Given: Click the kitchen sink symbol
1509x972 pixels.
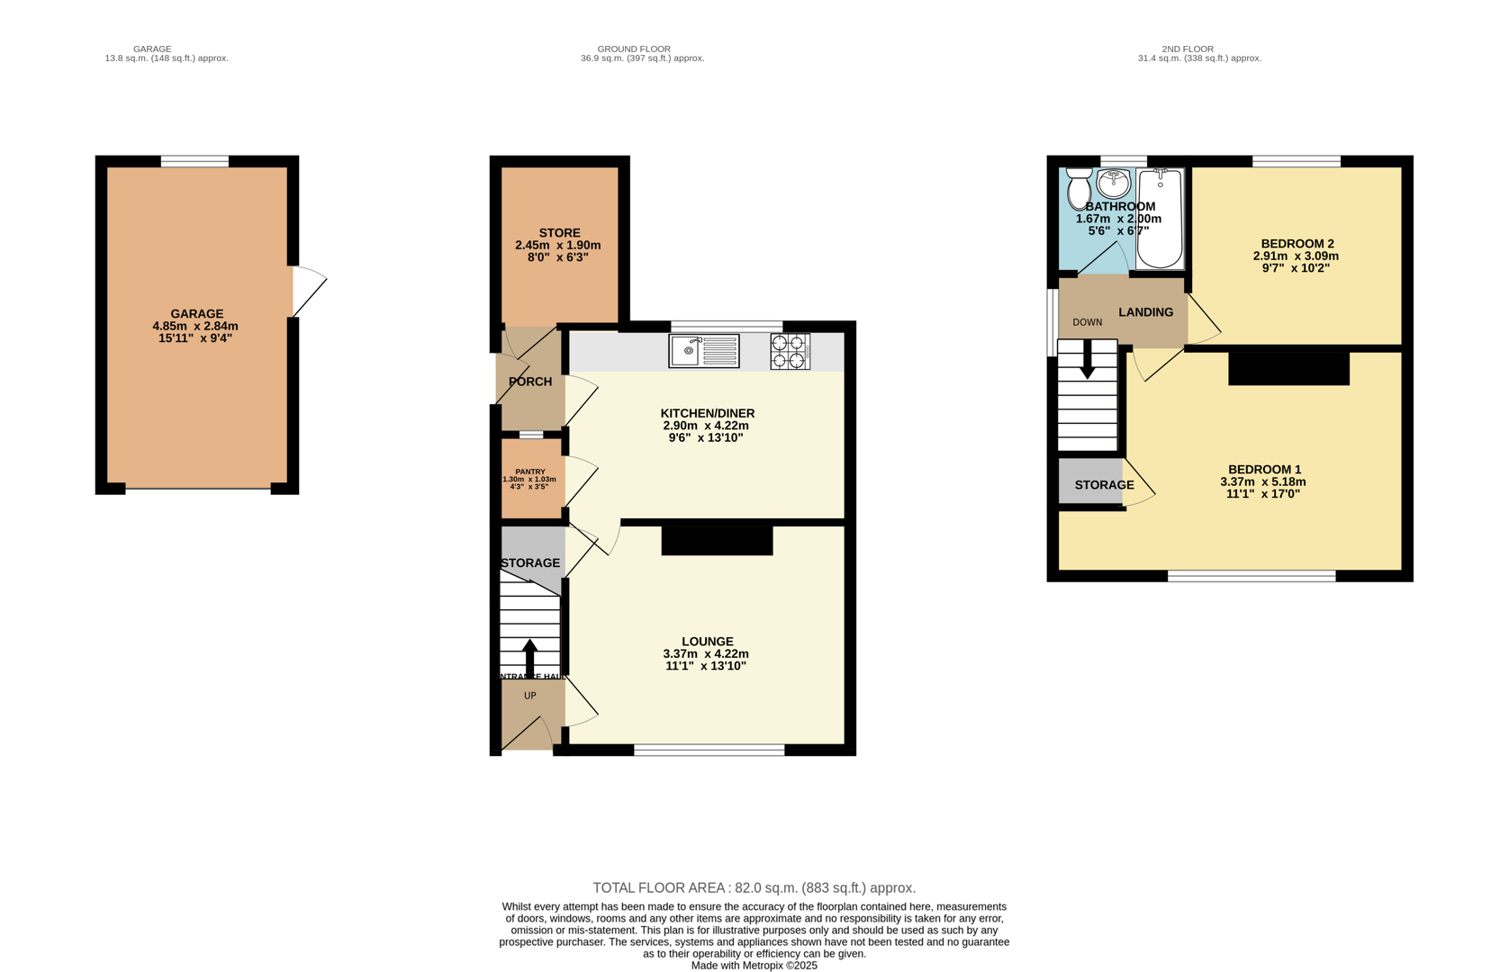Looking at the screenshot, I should tap(704, 351).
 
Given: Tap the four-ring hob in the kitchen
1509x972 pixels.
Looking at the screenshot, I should tap(790, 351).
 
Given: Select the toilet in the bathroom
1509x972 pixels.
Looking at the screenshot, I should tap(1079, 189).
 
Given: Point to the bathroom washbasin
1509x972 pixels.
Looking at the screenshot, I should tap(1114, 184).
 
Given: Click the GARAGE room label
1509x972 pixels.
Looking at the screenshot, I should tap(196, 314).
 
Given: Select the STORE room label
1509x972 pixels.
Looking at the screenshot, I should tap(559, 233).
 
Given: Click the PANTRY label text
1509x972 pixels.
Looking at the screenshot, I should tap(530, 472).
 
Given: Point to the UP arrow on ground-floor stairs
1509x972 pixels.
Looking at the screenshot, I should tap(529, 657).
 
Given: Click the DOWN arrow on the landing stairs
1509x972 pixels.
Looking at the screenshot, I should tap(1088, 359).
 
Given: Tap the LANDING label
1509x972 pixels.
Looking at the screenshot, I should tap(1145, 312).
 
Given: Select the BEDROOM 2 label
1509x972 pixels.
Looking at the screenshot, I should tap(1297, 244).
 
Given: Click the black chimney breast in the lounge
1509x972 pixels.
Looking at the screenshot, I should tap(717, 540).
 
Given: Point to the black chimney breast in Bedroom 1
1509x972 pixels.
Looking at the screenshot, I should tap(1288, 368).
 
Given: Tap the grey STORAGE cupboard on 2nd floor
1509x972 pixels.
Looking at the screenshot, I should tap(1091, 481).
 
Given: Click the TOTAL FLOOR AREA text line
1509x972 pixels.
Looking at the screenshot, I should tap(754, 887).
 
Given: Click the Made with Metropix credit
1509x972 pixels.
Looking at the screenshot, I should tap(754, 965).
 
